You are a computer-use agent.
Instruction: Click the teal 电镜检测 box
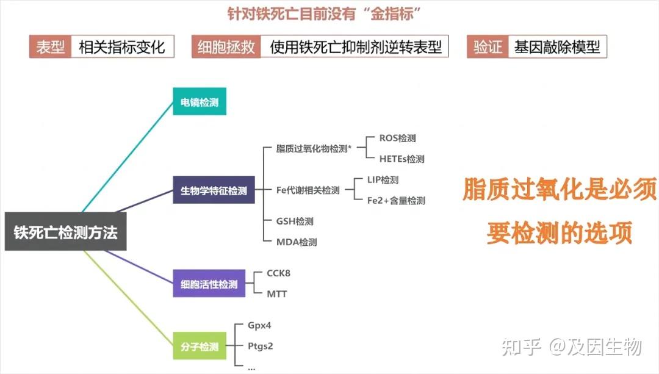click(x=200, y=101)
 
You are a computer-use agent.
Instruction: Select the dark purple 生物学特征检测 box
click(x=214, y=190)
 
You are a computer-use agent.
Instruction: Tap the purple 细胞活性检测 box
click(x=209, y=284)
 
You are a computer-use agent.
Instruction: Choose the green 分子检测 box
click(x=200, y=346)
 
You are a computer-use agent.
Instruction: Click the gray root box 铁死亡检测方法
click(x=65, y=232)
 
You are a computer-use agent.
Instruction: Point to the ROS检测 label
click(x=398, y=138)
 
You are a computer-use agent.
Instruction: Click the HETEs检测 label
click(x=402, y=159)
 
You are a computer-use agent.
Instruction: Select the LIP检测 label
click(x=383, y=180)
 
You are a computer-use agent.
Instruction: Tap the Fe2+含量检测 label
click(x=397, y=201)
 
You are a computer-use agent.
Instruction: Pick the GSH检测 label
click(x=295, y=221)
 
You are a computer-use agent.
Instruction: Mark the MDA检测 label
click(x=297, y=242)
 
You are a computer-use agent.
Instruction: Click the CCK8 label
click(x=279, y=273)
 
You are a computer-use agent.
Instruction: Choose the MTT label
click(x=277, y=294)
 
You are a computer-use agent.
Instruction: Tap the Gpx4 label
click(x=259, y=325)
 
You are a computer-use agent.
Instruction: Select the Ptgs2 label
click(x=260, y=346)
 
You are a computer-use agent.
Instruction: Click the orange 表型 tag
click(x=51, y=46)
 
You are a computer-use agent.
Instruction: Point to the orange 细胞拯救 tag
click(x=226, y=46)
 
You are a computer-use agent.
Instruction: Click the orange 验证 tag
click(x=488, y=46)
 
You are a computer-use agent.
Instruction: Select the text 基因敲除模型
click(x=557, y=46)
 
